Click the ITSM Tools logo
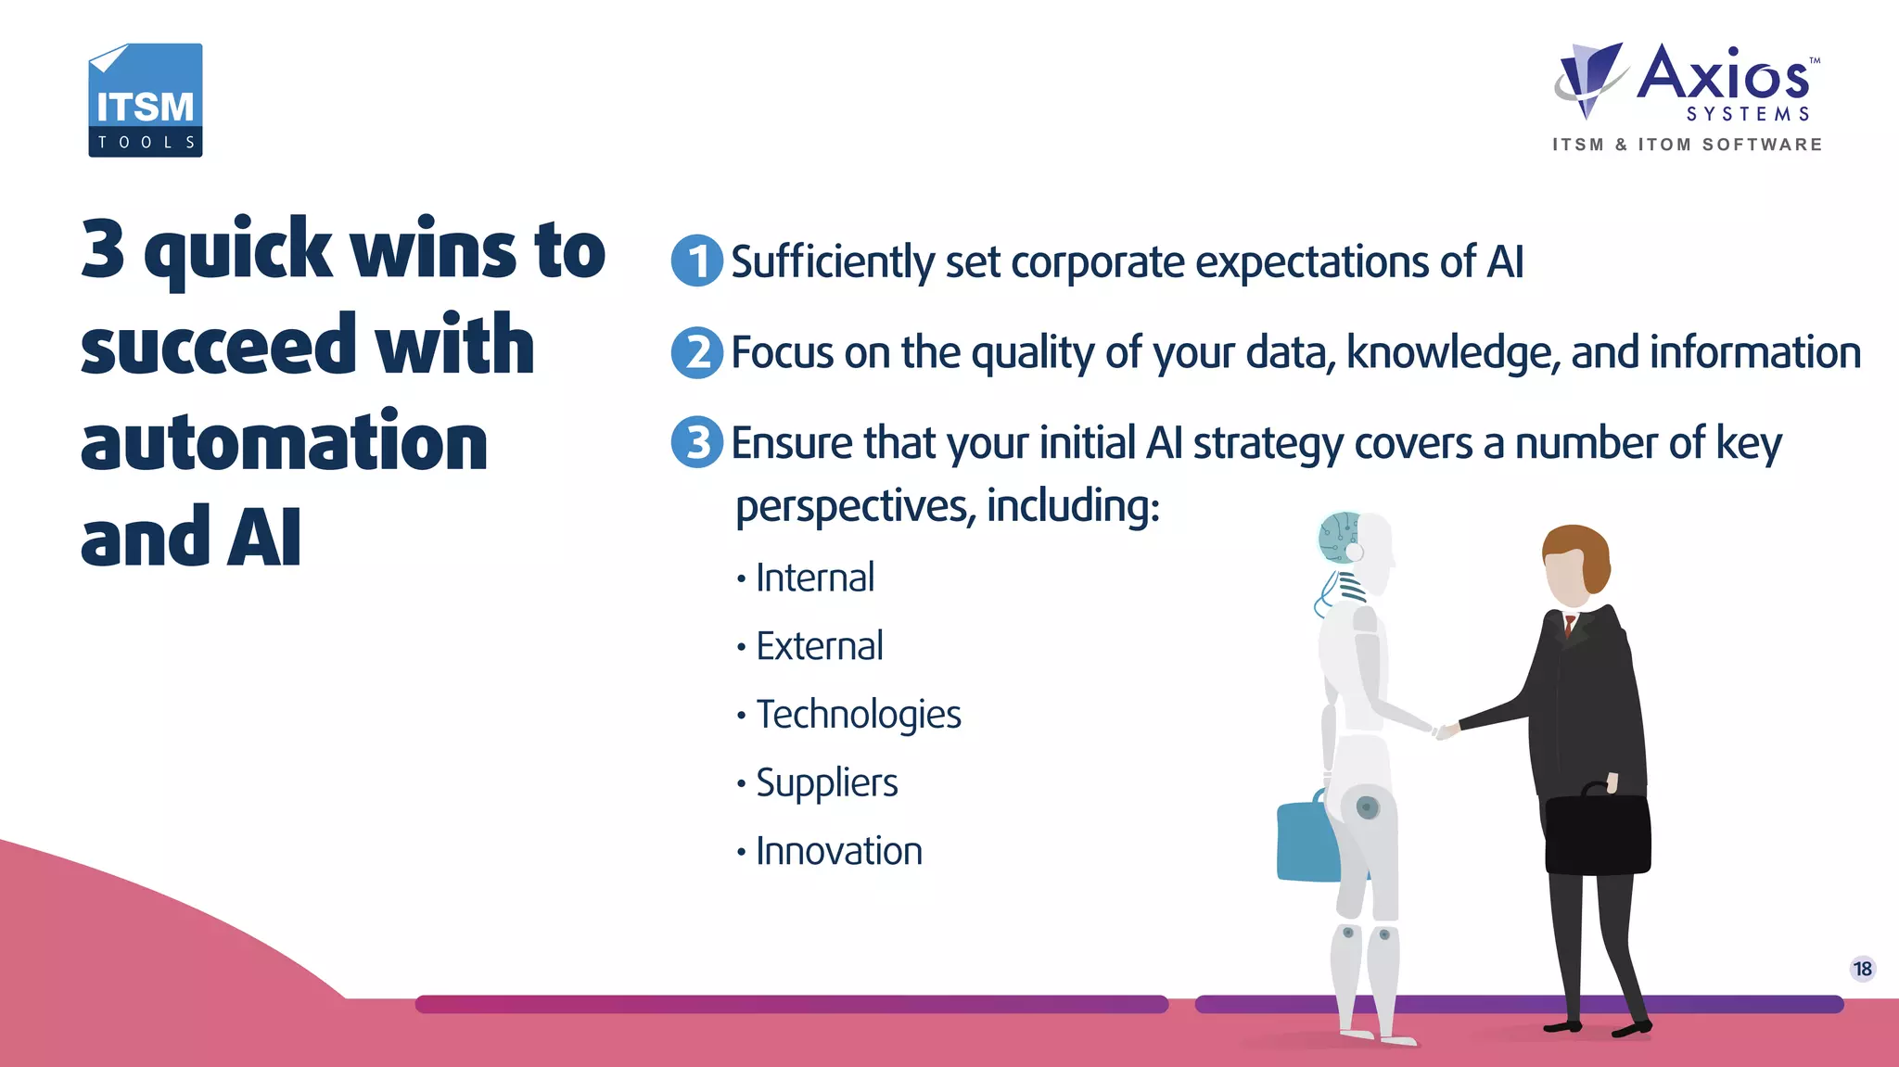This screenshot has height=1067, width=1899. [x=146, y=100]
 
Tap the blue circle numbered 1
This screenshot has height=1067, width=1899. [x=696, y=261]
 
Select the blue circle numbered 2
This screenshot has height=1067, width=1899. [x=696, y=352]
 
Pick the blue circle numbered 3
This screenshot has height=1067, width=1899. [x=696, y=442]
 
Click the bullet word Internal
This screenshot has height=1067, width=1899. [x=814, y=578]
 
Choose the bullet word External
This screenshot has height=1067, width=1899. [x=819, y=646]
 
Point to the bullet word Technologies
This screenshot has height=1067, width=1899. [x=858, y=715]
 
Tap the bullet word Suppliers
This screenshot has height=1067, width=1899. [x=826, y=783]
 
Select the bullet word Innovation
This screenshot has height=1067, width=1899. [x=838, y=851]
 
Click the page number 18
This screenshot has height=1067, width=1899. [x=1862, y=969]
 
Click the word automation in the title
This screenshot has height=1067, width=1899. [x=284, y=442]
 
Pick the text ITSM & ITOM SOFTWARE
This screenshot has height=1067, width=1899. [x=1688, y=145]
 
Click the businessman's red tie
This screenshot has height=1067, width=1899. [x=1570, y=625]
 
